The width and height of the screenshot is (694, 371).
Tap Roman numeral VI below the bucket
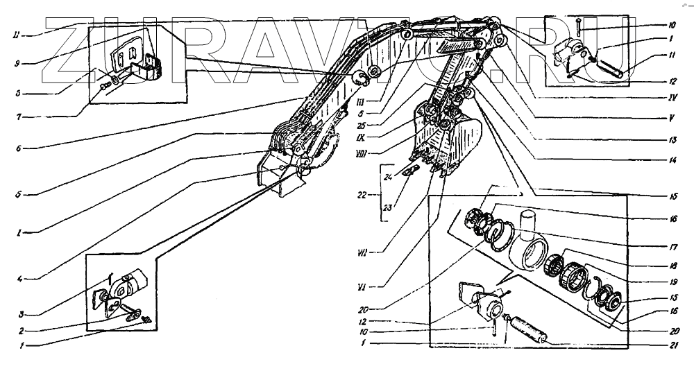click(381, 282)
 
